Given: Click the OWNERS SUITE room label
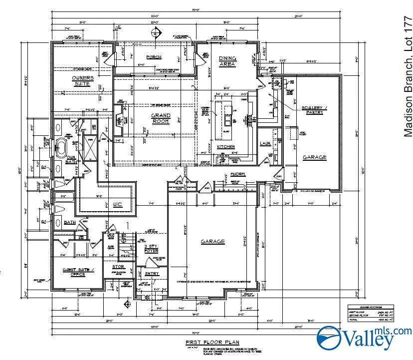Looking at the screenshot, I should tap(83, 81).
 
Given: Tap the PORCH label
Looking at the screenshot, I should tap(154, 57).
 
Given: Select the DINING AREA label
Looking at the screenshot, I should tap(227, 61).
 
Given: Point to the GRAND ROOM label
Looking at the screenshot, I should tap(161, 118).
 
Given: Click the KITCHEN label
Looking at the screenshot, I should tap(225, 147).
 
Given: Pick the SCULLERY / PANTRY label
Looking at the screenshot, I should tap(312, 110).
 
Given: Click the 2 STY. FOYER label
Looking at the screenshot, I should tap(151, 249).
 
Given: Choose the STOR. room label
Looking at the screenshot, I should tap(118, 267).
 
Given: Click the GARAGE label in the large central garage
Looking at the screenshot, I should tap(212, 242).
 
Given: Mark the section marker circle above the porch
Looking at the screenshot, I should tap(155, 32).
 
